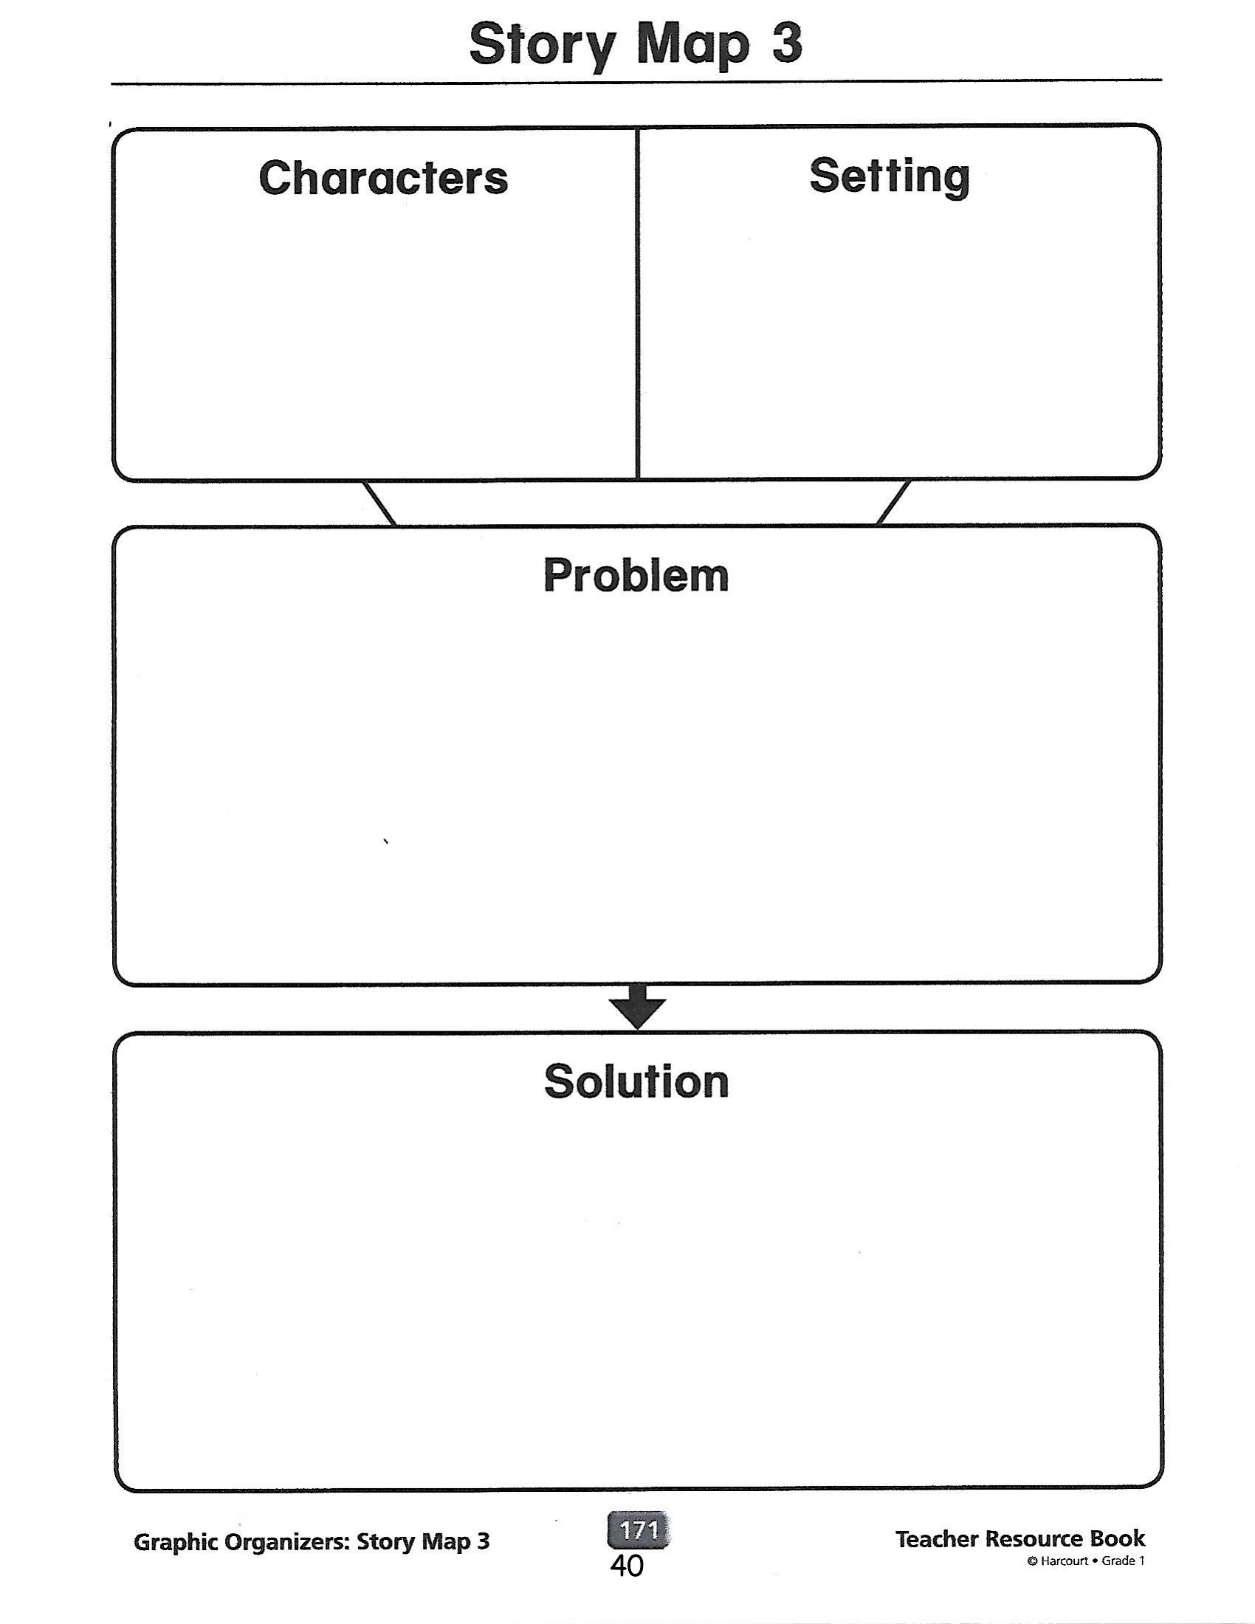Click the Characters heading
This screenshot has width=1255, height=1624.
(x=384, y=178)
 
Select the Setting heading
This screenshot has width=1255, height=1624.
(x=890, y=178)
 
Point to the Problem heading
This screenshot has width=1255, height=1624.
(x=636, y=576)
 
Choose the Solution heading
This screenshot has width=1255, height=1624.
(x=636, y=1081)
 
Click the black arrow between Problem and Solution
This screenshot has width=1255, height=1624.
(x=637, y=1007)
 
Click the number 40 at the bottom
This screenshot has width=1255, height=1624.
(x=627, y=1566)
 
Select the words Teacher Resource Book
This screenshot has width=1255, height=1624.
(x=1020, y=1539)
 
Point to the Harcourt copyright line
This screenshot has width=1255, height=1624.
(x=1086, y=1561)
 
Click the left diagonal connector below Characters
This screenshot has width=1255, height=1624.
(x=379, y=503)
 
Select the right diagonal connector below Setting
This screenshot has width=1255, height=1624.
(x=894, y=503)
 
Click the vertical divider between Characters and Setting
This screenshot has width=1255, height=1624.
(x=637, y=303)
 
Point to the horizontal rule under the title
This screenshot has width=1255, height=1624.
(x=636, y=82)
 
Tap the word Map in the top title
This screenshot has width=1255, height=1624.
(x=693, y=46)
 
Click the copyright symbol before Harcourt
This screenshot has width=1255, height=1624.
(x=1032, y=1561)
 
